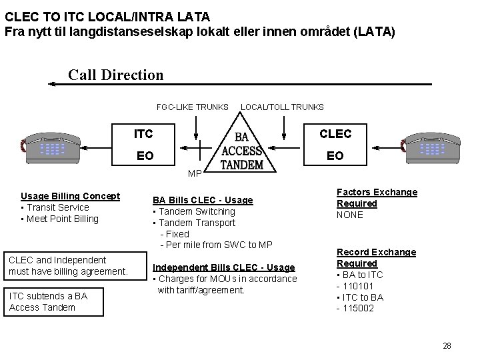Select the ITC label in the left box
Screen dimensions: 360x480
click(143, 134)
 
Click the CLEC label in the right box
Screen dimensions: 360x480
click(335, 134)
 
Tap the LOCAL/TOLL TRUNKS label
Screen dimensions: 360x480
click(282, 107)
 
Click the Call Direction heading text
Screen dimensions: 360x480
click(115, 75)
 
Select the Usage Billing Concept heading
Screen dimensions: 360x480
click(70, 196)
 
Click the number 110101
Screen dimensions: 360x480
click(359, 286)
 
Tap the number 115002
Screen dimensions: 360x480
click(359, 308)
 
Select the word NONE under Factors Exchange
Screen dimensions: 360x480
click(350, 215)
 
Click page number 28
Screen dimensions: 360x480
click(447, 345)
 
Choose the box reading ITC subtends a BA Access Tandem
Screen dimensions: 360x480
click(53, 301)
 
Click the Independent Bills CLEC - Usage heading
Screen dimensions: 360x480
click(224, 267)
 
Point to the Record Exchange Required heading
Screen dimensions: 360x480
click(376, 257)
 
